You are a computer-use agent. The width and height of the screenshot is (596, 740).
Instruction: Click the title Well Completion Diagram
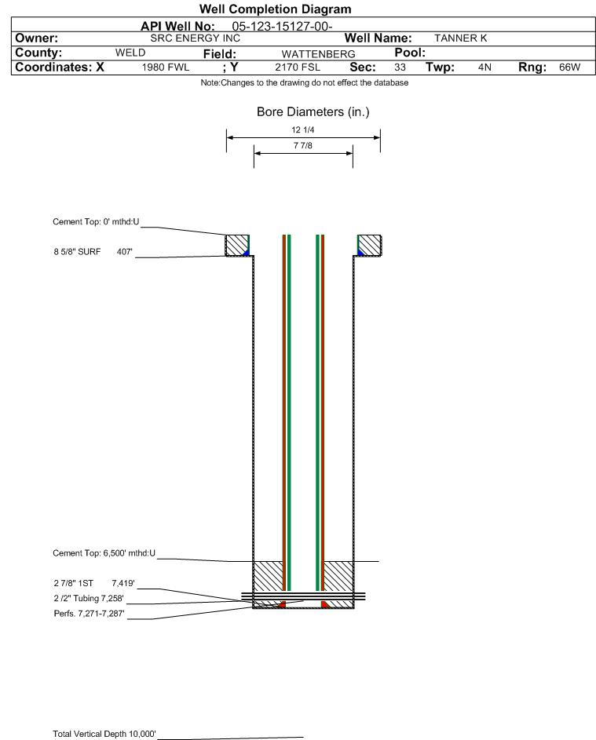click(x=276, y=9)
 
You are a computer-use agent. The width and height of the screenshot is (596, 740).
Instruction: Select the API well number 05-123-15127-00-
click(x=282, y=27)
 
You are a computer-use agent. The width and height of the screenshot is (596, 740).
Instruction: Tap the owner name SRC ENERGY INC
click(x=195, y=38)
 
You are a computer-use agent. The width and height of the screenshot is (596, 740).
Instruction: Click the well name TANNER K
click(x=460, y=38)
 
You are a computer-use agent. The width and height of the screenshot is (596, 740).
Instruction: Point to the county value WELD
click(x=130, y=53)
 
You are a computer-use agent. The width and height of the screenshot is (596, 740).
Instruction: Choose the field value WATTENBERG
click(x=318, y=54)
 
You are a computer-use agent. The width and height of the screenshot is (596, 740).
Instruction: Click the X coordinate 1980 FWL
click(x=165, y=67)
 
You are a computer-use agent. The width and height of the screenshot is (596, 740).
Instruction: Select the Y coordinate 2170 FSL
click(x=298, y=67)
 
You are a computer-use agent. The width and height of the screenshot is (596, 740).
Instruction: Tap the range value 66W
click(x=569, y=67)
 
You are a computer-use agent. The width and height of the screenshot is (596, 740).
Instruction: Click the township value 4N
click(x=484, y=67)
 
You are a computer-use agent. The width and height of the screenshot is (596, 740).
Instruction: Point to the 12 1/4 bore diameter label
click(x=303, y=129)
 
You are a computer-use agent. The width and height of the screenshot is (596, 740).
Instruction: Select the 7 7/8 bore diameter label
click(x=303, y=145)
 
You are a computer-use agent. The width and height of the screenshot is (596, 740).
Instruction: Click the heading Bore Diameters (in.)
click(x=313, y=112)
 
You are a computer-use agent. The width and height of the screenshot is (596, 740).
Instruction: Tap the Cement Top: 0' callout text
click(x=96, y=222)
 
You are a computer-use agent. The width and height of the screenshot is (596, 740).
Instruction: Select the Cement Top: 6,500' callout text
click(x=104, y=553)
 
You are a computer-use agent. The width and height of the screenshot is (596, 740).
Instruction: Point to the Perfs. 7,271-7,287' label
click(x=89, y=614)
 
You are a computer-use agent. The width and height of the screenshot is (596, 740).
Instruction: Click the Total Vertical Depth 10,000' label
click(x=104, y=734)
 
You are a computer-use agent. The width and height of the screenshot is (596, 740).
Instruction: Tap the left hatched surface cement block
click(x=236, y=246)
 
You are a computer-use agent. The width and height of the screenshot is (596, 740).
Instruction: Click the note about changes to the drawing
click(x=305, y=82)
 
